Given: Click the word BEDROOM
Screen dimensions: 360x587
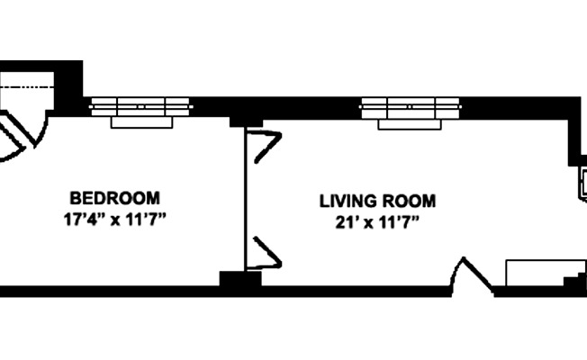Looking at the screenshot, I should coord(115,197).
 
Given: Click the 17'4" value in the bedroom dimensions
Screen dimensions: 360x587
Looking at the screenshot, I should coord(82,219).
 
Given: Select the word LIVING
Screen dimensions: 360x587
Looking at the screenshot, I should coord(345,200).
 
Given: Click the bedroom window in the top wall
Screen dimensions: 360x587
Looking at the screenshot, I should coord(140,104).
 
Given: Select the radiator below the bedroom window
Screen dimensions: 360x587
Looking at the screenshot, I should coord(140,121).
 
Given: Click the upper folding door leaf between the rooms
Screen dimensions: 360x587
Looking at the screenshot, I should coord(266,147).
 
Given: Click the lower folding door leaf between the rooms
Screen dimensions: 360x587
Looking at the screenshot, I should coord(266,252).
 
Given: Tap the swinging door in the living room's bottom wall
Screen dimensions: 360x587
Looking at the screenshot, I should coord(470,274).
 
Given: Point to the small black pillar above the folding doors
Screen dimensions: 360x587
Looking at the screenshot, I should coord(245,121).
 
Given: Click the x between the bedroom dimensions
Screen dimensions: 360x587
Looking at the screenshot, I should coord(115,220).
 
